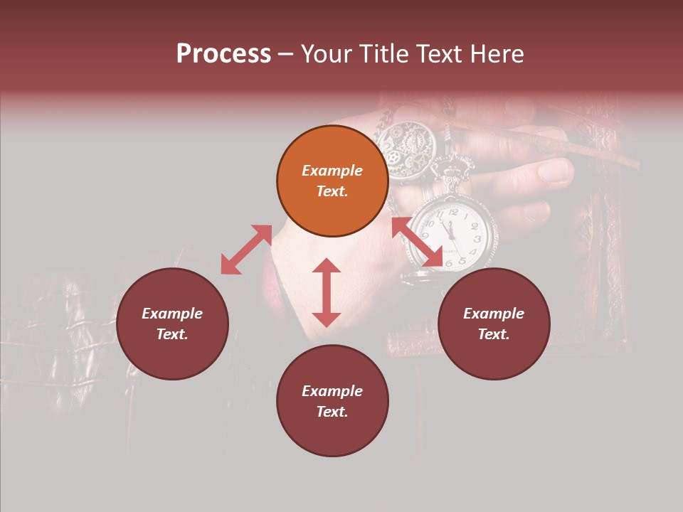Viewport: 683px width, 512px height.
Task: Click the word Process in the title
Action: pos(223,54)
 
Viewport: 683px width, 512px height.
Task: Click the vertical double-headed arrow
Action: pos(327,292)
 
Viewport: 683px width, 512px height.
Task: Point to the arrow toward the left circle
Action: pos(246,250)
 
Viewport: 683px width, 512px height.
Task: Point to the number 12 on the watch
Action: pos(453,211)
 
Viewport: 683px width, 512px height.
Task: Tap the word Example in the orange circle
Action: pos(332,171)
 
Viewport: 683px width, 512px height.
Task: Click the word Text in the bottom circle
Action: pos(332,412)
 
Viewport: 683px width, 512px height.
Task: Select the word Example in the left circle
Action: pos(172,314)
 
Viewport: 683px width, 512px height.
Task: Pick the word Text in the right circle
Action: pos(494,334)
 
